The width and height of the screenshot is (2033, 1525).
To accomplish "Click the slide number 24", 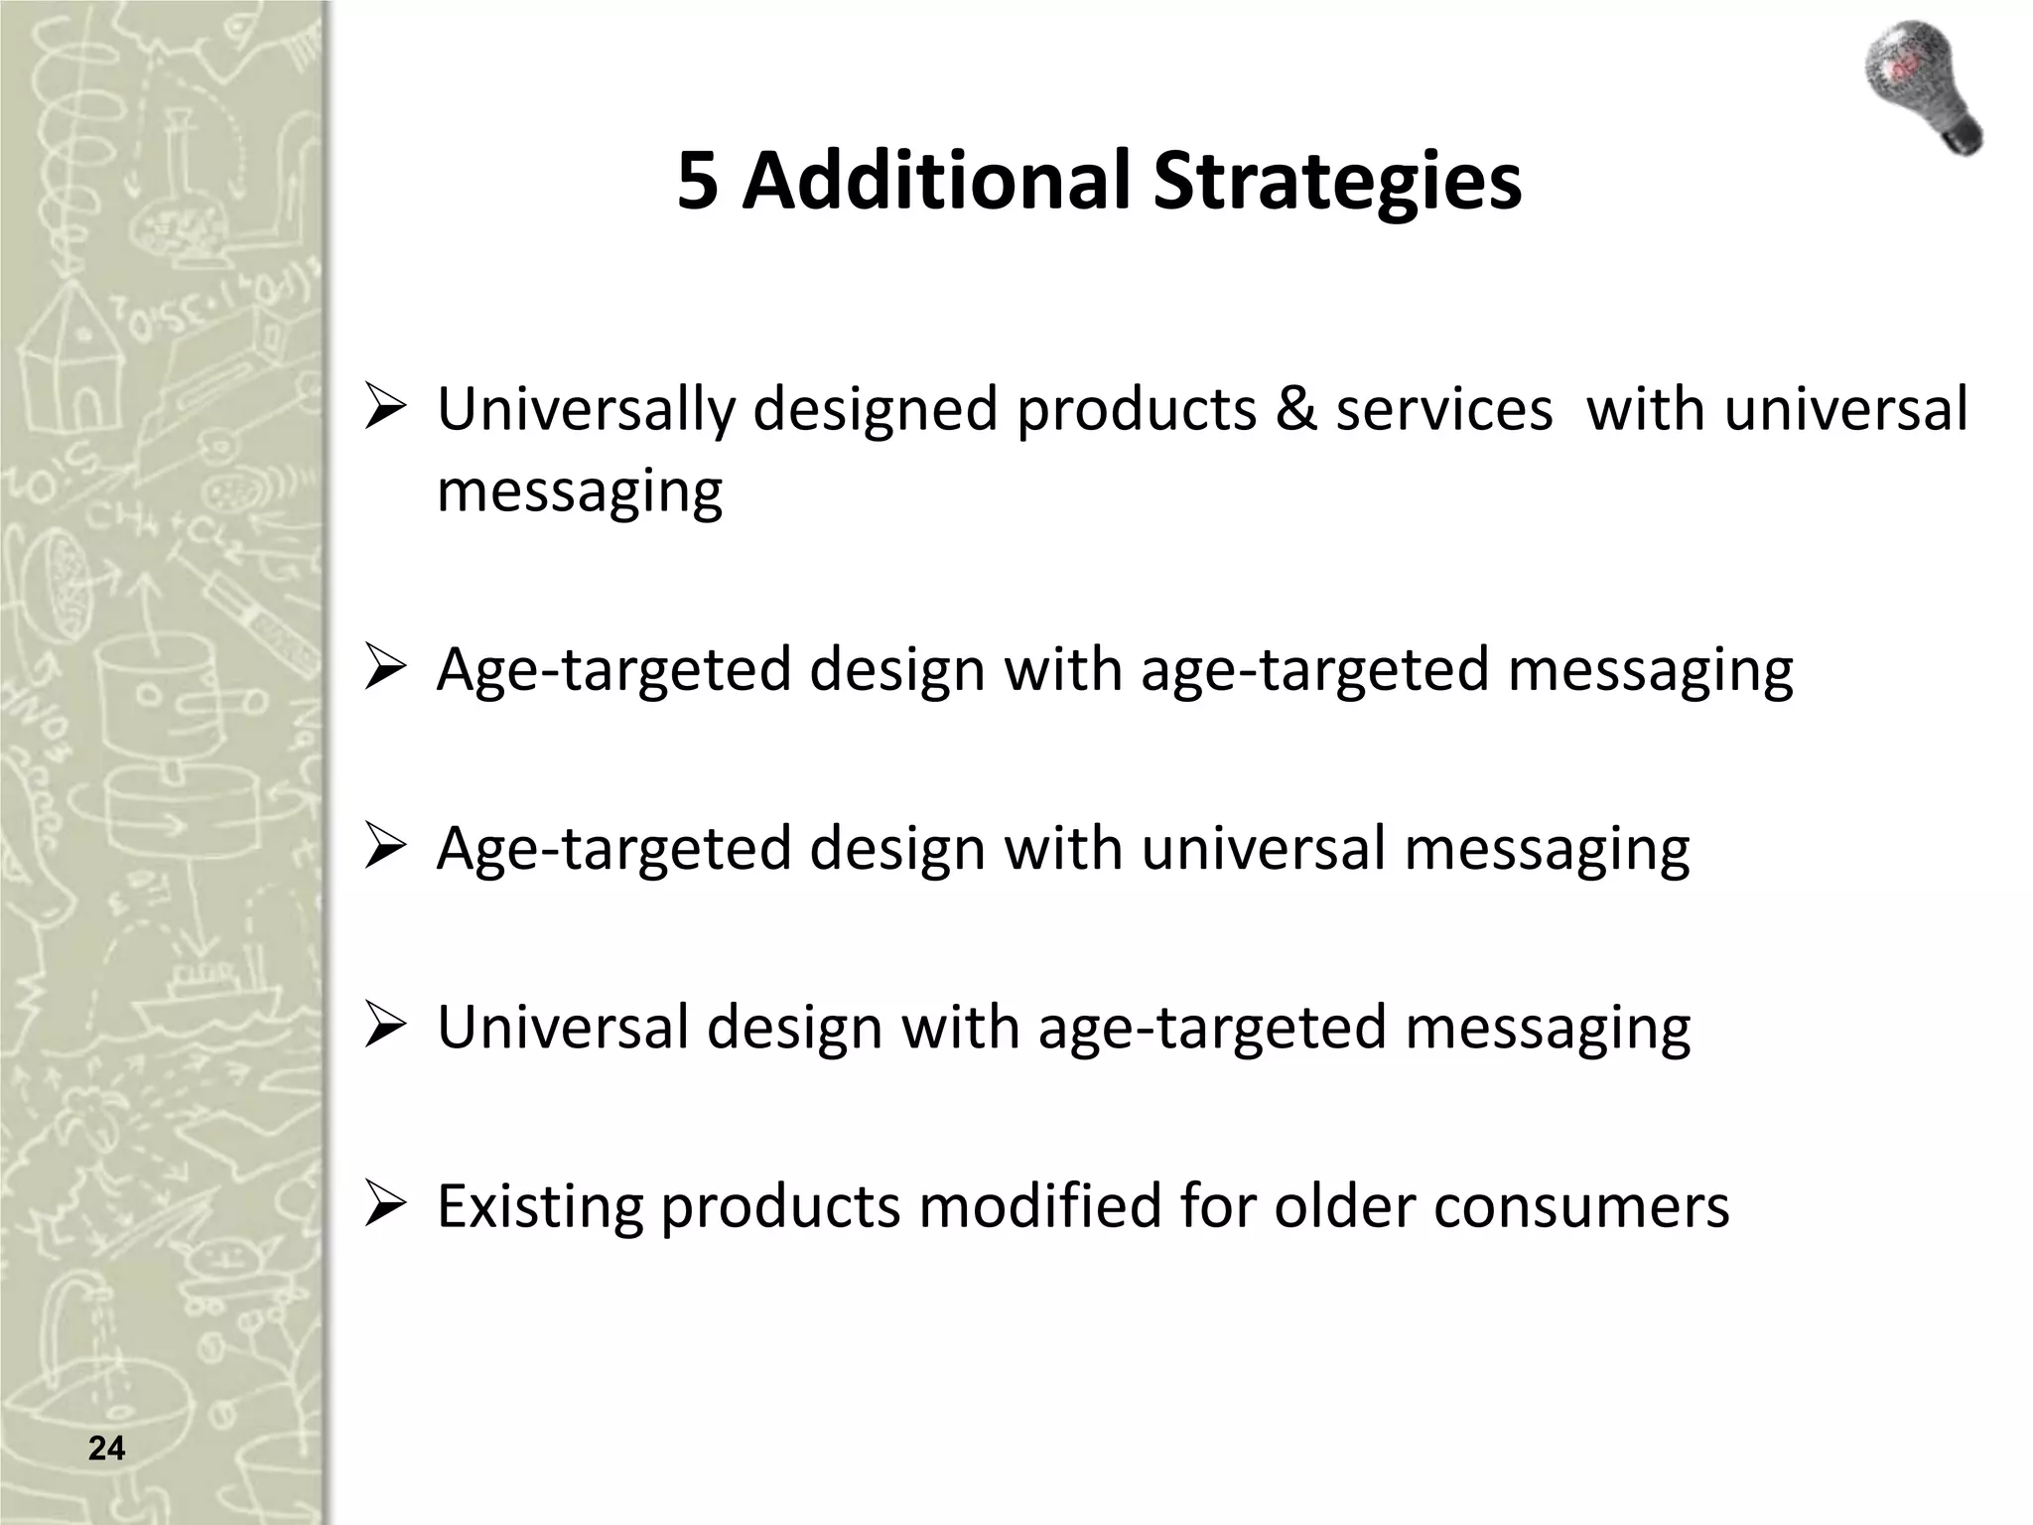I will pos(106,1449).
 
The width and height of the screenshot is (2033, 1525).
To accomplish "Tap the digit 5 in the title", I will pos(698,181).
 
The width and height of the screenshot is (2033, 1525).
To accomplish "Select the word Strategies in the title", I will pos(1336,181).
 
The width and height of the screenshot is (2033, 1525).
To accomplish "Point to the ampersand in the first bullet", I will pos(1294,409).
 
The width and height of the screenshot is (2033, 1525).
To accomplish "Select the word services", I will pos(1443,409).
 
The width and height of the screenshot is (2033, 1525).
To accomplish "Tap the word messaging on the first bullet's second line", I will pos(580,490).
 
